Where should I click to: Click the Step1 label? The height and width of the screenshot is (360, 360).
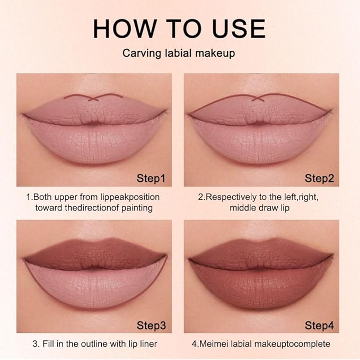click(x=151, y=177)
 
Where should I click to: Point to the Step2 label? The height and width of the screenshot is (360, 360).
click(x=319, y=177)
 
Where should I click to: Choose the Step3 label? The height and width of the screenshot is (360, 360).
click(x=151, y=324)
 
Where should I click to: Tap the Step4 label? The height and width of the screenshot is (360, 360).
click(x=319, y=324)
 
